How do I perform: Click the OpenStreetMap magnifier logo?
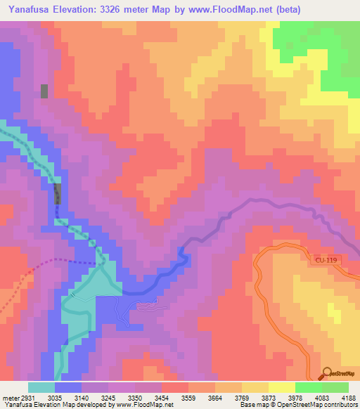[326, 373]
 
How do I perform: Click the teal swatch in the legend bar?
[41, 387]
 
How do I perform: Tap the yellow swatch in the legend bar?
[282, 387]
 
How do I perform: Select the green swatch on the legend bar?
[309, 387]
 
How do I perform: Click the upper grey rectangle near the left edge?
[44, 91]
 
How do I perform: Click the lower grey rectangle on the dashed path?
[58, 193]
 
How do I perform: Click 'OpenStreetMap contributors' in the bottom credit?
[314, 405]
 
